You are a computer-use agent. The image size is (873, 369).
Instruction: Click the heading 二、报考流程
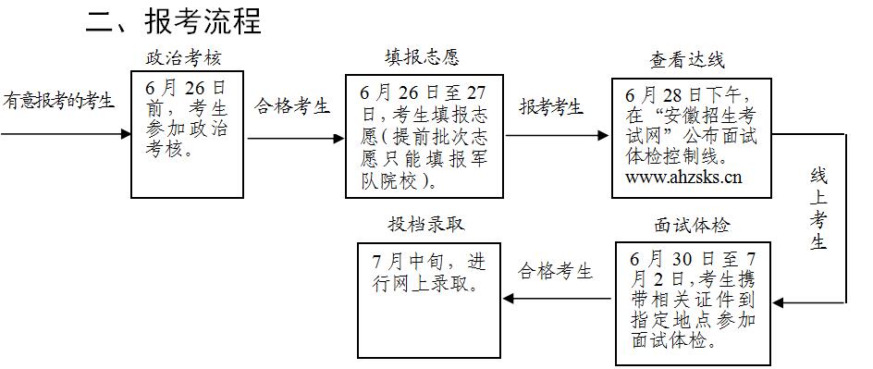point(174,21)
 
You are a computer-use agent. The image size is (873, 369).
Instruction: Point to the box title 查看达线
point(687,61)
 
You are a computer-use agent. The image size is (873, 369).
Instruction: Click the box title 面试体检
point(692,226)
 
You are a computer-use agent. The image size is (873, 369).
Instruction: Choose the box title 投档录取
point(426,224)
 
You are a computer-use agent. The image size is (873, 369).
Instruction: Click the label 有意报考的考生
point(59,101)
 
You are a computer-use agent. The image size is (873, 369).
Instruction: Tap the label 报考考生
point(551,107)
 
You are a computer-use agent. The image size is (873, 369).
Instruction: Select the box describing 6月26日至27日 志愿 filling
point(424,136)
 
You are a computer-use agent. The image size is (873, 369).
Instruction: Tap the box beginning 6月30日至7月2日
point(692,301)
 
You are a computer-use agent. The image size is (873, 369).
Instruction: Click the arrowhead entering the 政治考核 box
point(126,134)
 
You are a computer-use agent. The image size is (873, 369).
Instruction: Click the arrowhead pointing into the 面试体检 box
point(778,301)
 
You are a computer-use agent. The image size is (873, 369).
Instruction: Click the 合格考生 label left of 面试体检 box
point(555,272)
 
